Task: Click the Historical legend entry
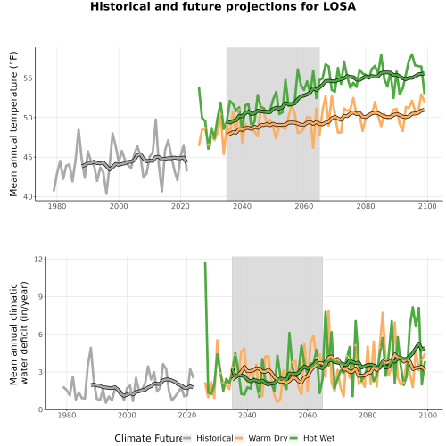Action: [x=208, y=438]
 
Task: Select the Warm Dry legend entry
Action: [x=261, y=438]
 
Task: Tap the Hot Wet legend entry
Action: [x=312, y=438]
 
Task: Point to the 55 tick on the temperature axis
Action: [x=28, y=78]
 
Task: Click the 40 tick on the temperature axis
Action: [x=28, y=197]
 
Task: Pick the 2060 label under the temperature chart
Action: [x=304, y=206]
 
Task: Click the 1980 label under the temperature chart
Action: [x=57, y=206]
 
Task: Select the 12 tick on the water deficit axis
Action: [x=38, y=260]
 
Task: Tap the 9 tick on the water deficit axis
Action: [x=41, y=297]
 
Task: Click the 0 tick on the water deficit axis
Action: [x=41, y=409]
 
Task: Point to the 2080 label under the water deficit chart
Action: [x=368, y=415]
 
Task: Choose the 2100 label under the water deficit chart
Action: [x=427, y=415]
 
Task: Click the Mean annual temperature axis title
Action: [x=13, y=124]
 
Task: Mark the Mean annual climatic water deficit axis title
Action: [x=19, y=333]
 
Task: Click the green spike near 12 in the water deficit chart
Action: [x=205, y=263]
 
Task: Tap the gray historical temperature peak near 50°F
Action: [x=155, y=120]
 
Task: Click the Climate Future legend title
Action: [x=148, y=438]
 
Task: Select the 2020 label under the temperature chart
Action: [x=180, y=206]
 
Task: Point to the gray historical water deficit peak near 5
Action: [x=91, y=348]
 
